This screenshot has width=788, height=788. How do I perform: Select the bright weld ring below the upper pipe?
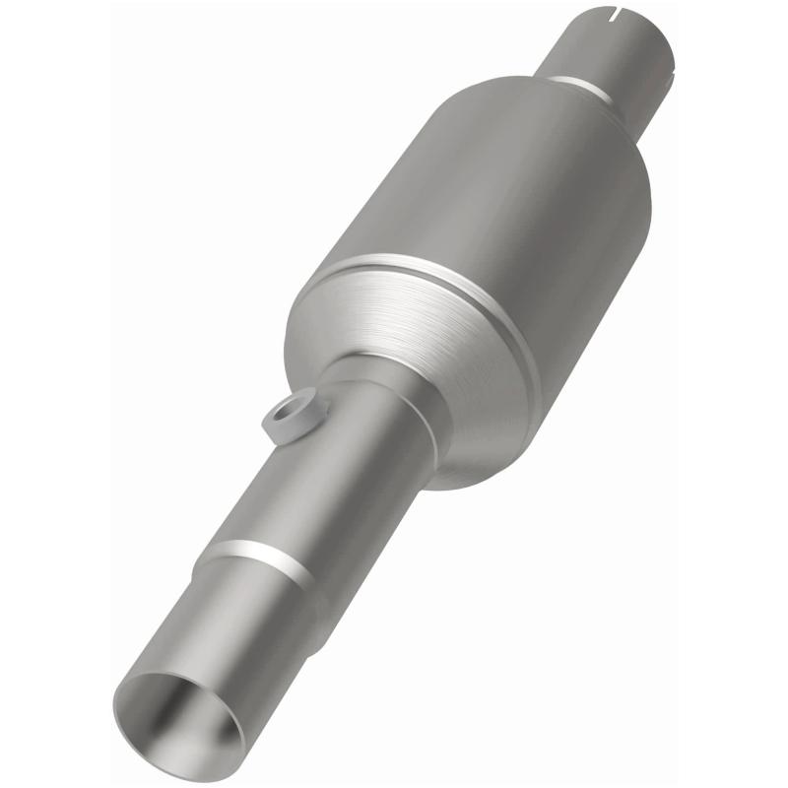click(x=581, y=87)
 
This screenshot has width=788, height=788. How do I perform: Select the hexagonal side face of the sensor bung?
click(x=281, y=426)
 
